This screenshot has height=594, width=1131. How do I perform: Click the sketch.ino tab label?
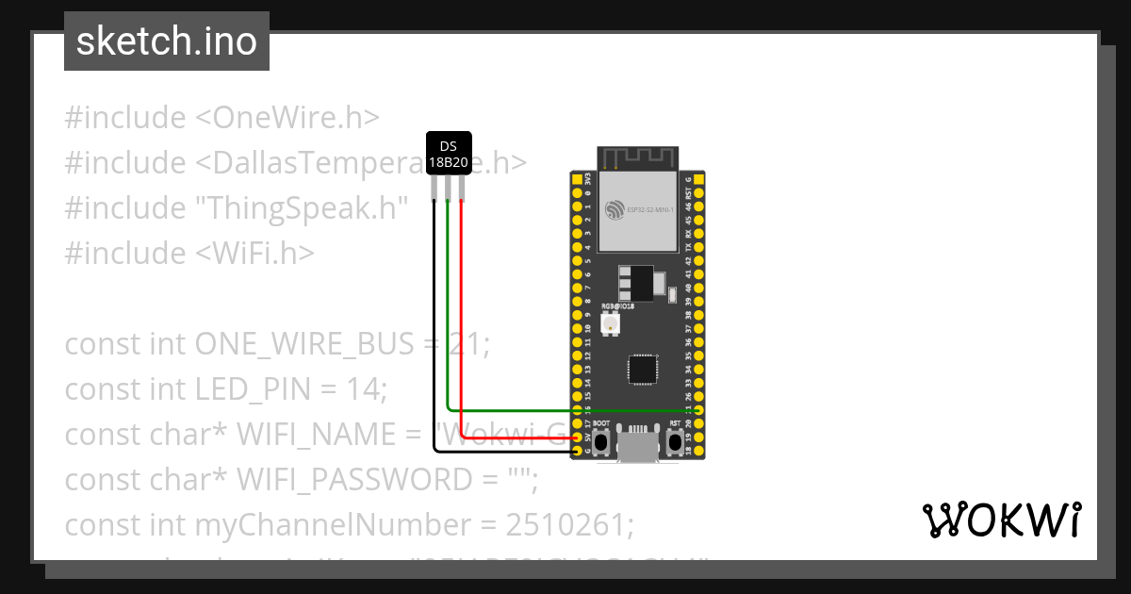point(167,41)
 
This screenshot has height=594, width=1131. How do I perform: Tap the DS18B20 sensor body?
point(449,154)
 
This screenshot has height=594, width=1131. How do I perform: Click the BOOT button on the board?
point(600,441)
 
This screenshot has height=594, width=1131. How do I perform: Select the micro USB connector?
point(638,444)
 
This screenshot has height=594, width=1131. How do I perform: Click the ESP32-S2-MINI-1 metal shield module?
point(639,212)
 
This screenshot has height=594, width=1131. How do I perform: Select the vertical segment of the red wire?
point(462,311)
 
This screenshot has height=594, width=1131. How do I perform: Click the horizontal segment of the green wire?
point(565,411)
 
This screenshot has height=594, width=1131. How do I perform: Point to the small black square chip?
point(644,370)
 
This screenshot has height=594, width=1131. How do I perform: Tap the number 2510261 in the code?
point(573,524)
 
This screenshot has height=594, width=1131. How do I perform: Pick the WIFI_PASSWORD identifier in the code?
point(353,480)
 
